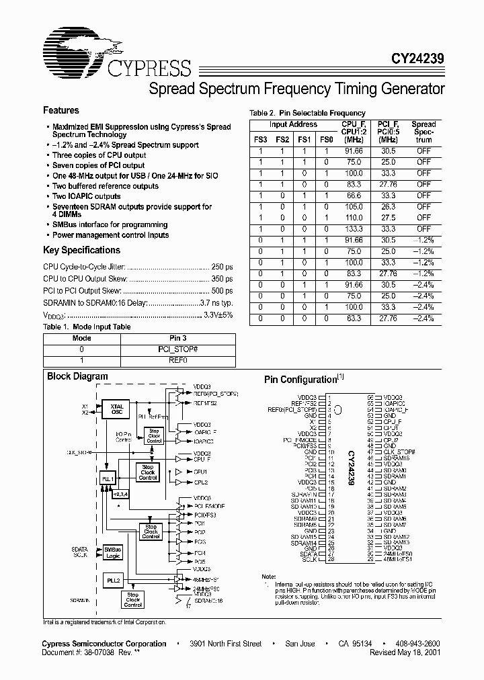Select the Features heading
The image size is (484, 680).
pos(61,110)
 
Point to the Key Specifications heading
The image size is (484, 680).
pos(81,250)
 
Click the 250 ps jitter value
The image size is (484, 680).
pos(222,267)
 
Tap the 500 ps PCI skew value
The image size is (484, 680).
pos(222,291)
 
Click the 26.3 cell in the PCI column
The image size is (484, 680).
pos(389,207)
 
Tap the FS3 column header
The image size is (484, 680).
pos(260,140)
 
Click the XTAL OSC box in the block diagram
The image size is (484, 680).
pos(118,409)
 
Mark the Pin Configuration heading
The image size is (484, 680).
pos(300,380)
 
